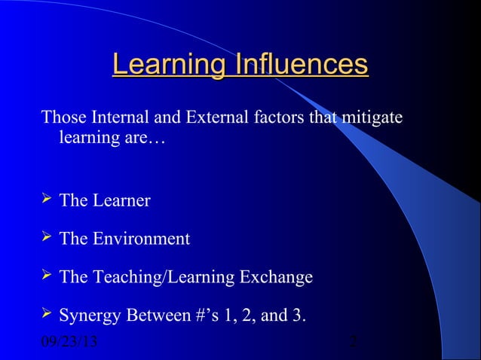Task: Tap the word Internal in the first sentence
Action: pos(121,119)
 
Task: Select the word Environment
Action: pos(142,239)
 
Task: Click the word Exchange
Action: pos(274,278)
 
